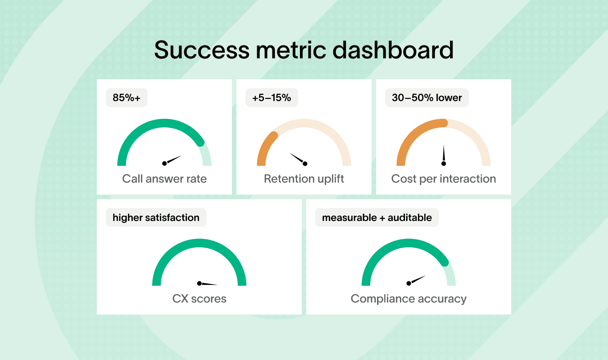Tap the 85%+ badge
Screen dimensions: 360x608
coord(127,98)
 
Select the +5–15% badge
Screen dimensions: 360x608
coord(272,98)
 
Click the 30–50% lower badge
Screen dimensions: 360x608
coord(427,98)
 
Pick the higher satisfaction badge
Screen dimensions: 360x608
coord(156,218)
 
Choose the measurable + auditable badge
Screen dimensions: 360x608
coord(377,218)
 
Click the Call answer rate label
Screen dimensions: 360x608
coord(164,179)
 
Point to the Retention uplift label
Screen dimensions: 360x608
coord(304,179)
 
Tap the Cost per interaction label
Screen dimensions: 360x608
coord(444,179)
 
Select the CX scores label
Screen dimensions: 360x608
coord(199,298)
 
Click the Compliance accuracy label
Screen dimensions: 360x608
coord(408,298)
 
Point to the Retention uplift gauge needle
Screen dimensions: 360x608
coord(298,158)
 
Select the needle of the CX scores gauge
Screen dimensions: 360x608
coord(208,284)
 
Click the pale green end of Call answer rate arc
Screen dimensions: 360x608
coord(206,155)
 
